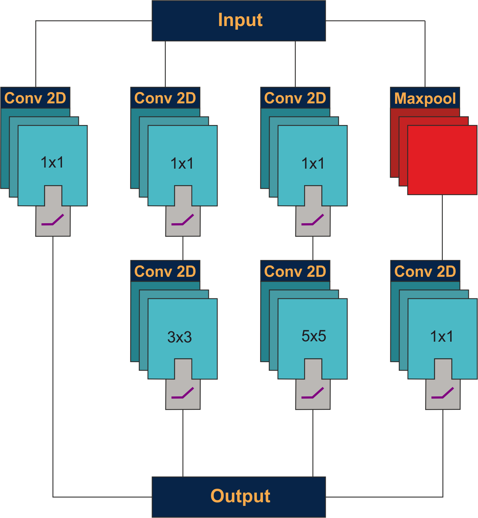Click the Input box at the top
[238, 21]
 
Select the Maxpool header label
[425, 98]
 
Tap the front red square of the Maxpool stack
[442, 160]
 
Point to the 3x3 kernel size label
[179, 337]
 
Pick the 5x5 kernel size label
[314, 336]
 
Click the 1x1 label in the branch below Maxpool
[441, 337]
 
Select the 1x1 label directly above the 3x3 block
[182, 164]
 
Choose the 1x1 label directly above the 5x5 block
[313, 164]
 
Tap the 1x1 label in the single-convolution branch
[52, 162]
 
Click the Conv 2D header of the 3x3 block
[165, 272]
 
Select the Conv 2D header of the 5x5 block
[295, 272]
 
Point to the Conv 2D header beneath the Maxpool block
[425, 272]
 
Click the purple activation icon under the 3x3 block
[183, 393]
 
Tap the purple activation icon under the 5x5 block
[313, 393]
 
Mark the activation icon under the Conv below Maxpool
[442, 393]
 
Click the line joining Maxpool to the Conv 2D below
[442, 227]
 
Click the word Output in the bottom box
[240, 496]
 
